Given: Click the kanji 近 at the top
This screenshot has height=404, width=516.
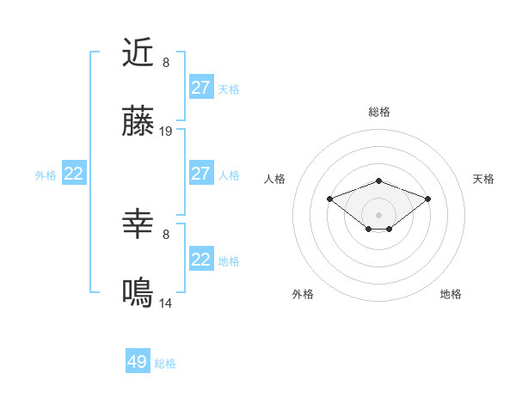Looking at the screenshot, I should (138, 53).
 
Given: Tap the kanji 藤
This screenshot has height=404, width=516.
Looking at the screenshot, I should (138, 122).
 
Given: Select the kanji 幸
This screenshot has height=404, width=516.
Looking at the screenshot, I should (138, 225).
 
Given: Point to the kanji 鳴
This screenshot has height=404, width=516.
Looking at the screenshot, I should (138, 293).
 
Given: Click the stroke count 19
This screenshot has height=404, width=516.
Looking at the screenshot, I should (166, 132).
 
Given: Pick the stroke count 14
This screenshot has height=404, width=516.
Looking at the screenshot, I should (166, 303).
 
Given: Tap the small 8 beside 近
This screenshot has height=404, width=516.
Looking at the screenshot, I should (166, 63).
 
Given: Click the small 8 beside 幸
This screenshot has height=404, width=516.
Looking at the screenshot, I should (166, 234).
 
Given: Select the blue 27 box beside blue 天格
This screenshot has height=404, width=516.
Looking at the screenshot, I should (200, 88).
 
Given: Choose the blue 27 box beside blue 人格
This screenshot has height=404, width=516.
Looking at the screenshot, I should (200, 174).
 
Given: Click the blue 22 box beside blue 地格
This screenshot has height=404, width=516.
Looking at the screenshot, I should (200, 260).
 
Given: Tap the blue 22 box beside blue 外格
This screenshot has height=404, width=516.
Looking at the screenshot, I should (74, 174).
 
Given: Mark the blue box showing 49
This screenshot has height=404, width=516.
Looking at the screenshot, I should (138, 362).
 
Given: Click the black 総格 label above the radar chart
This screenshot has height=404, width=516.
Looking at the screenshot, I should (379, 112).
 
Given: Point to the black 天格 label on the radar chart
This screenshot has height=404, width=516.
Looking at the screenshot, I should (483, 179).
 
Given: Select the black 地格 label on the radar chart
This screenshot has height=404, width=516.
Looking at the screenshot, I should (451, 294).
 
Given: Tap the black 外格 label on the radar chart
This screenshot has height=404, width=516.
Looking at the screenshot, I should (303, 294).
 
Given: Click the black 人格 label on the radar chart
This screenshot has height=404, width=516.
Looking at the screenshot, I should (275, 179).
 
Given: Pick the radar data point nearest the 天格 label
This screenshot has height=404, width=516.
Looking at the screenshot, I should (427, 199).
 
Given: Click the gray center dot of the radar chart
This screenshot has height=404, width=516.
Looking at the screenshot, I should (379, 214).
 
